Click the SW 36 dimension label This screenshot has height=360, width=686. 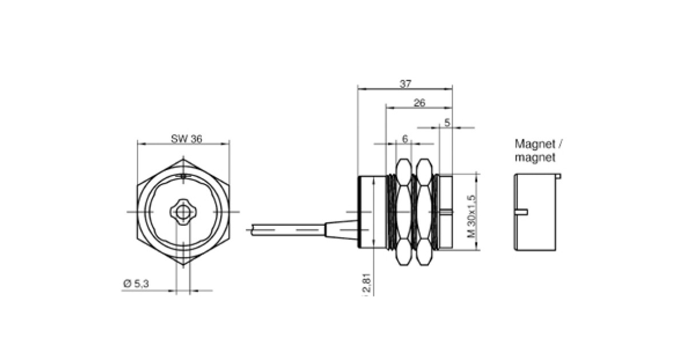click(186, 139)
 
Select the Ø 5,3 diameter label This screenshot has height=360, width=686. click(136, 283)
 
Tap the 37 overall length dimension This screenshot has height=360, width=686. click(405, 83)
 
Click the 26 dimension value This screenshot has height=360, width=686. click(419, 103)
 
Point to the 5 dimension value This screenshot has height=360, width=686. click(447, 122)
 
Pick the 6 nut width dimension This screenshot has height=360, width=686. click(405, 139)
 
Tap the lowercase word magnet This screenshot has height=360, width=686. click(535, 158)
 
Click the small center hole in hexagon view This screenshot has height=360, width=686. click(182, 212)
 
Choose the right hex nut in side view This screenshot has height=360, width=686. click(424, 212)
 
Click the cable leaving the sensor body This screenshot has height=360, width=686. click(286, 230)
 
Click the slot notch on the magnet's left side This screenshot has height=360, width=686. click(521, 212)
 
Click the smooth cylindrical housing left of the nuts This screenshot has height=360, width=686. click(372, 212)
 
